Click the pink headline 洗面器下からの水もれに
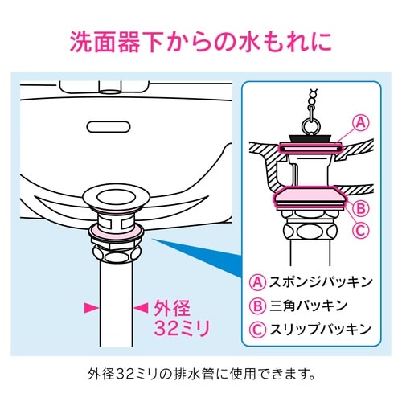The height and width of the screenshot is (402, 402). tap(201, 39)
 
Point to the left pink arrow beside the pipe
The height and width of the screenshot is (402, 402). tap(91, 307)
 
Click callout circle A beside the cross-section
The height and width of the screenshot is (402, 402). tap(361, 122)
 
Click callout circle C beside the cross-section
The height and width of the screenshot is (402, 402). tap(361, 228)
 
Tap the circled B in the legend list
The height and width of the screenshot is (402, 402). tap(258, 305)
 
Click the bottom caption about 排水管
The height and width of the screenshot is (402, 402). tap(201, 374)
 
